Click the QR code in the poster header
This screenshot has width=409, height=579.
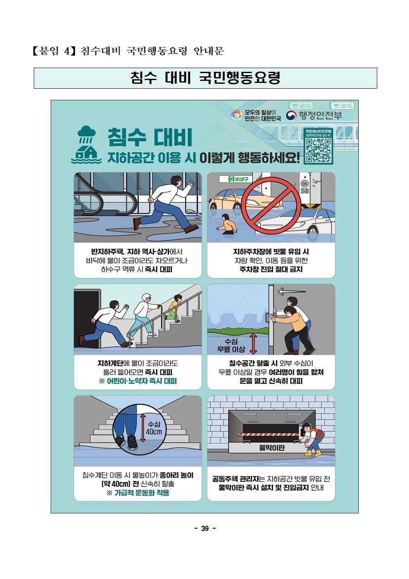(x=318, y=150)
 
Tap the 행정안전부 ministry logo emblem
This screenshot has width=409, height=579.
(x=291, y=116)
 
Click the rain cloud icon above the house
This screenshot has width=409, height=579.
(x=87, y=134)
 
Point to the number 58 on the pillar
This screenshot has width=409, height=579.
(x=305, y=191)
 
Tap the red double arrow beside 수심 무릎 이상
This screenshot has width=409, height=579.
(x=253, y=343)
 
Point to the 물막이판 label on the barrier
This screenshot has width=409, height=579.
(x=272, y=447)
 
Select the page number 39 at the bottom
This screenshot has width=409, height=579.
(x=205, y=528)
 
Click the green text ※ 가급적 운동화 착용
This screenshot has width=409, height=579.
(x=138, y=493)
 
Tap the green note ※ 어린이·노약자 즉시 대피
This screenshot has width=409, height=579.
(x=138, y=381)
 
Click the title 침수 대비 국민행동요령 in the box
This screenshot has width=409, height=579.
(x=205, y=78)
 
